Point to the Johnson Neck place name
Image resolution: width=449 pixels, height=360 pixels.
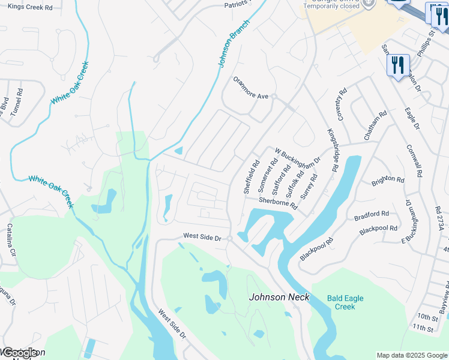(x=279, y=297)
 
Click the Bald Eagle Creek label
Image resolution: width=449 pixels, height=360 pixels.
(x=345, y=302)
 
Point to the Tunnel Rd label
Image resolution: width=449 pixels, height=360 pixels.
(x=16, y=102)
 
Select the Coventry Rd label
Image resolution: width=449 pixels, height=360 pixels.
(x=342, y=105)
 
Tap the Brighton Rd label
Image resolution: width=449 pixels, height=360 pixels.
(x=388, y=179)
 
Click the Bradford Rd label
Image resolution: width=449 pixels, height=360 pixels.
(x=372, y=214)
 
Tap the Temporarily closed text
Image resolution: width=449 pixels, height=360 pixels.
(x=331, y=6)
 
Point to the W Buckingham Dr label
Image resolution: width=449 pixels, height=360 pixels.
(x=298, y=159)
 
